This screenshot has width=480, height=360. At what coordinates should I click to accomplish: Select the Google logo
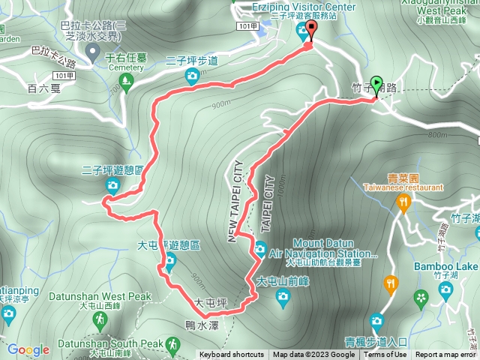(x=28, y=349)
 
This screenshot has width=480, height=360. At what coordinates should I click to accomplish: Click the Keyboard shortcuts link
(x=231, y=355)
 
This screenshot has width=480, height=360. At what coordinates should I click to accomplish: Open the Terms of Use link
(x=385, y=355)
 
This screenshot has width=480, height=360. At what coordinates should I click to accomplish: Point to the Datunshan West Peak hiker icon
(x=100, y=320)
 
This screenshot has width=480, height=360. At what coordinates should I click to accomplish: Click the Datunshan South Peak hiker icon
(x=172, y=344)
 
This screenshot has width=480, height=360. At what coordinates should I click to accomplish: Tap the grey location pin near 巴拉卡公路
(x=92, y=52)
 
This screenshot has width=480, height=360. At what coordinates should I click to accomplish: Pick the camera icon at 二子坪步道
(x=192, y=75)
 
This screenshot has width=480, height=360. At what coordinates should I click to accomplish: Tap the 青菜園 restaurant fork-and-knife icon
(x=403, y=202)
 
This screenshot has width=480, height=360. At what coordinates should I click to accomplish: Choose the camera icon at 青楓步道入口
(x=376, y=322)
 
